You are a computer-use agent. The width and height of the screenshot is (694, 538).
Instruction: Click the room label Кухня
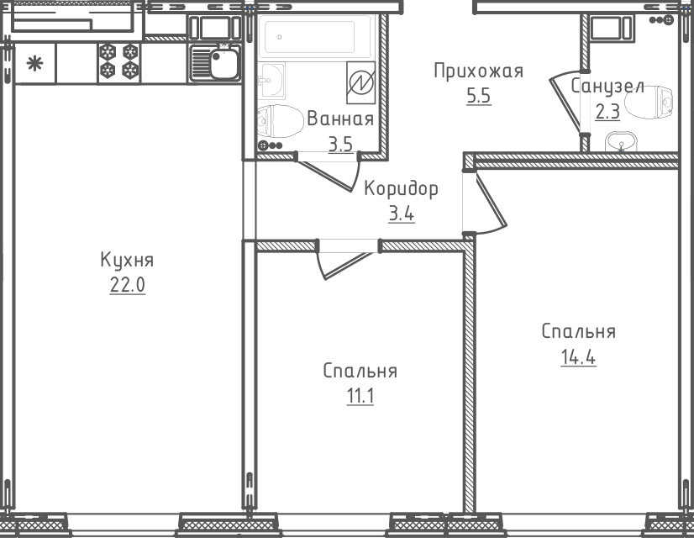tap(127, 259)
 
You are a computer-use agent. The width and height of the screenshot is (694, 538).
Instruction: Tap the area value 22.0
tap(127, 285)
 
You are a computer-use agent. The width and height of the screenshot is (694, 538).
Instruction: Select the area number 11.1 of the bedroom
tap(360, 395)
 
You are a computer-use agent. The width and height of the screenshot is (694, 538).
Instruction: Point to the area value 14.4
tap(578, 357)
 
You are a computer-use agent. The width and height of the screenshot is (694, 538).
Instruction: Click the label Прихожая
tap(478, 71)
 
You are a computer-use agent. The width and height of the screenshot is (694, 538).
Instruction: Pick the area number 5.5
tap(478, 96)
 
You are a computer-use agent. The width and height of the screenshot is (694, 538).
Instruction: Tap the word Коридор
tap(401, 188)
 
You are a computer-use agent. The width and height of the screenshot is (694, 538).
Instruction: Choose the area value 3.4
tap(401, 214)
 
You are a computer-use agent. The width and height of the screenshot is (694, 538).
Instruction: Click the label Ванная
tap(339, 119)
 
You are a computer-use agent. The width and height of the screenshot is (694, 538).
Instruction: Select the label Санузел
tap(607, 86)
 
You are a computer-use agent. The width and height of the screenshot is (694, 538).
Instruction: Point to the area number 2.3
tap(607, 111)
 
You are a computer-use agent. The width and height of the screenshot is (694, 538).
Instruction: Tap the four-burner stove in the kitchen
tap(118, 63)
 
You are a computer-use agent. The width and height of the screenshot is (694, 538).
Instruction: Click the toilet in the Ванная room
tap(281, 123)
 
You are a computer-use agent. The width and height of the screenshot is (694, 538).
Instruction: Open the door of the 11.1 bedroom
tap(344, 261)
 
